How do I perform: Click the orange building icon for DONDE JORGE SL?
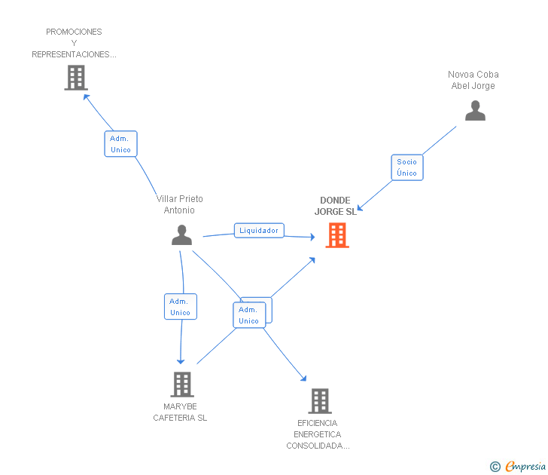tap(337, 235)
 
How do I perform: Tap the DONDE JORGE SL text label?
tap(335, 206)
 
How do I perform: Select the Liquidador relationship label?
tap(259, 231)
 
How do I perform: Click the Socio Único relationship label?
tap(406, 167)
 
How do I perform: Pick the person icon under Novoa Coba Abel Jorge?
tap(475, 111)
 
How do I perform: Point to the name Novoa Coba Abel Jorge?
tap(473, 80)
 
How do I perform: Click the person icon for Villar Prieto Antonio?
tap(181, 235)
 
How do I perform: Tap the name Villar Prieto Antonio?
tap(179, 204)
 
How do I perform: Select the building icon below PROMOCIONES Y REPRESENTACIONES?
tap(76, 78)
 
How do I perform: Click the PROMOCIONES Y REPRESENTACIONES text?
tap(74, 43)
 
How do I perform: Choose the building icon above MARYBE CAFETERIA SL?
tap(181, 385)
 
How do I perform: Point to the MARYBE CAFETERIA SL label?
tap(180, 412)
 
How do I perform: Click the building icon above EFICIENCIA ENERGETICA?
tap(319, 401)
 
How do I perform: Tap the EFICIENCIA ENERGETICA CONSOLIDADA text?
tap(317, 434)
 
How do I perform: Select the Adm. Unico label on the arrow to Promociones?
tap(120, 144)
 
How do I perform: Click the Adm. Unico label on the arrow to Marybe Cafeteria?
tap(180, 307)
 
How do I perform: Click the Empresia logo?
tap(525, 467)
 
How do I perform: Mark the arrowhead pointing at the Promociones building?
tap(86, 96)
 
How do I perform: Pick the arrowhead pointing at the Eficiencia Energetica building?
tap(303, 378)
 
